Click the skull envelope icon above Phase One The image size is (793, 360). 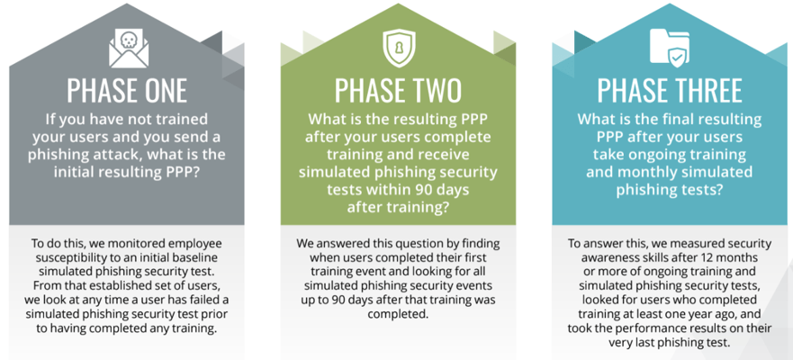(129, 48)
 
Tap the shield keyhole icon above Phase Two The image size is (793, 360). (399, 48)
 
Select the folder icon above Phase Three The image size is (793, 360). (670, 48)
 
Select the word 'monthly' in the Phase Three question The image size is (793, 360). (657, 171)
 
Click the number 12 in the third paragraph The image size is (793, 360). (716, 256)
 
